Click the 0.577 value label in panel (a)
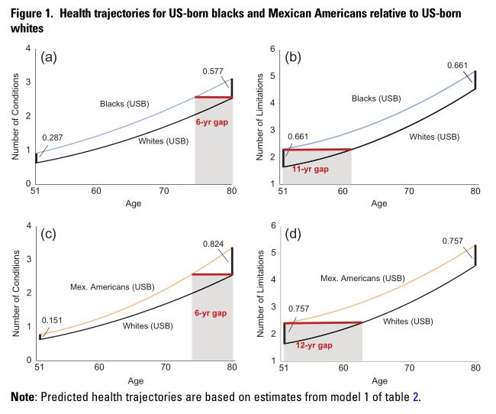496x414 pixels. (x=213, y=71)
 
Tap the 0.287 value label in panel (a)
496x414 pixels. (x=53, y=137)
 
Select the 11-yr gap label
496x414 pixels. (x=311, y=169)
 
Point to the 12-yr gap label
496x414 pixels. (x=314, y=345)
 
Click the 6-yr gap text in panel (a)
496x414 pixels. (x=212, y=122)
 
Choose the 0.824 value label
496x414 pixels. (x=213, y=244)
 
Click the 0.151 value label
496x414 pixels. (x=52, y=320)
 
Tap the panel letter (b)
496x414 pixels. (x=293, y=57)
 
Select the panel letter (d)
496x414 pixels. (x=293, y=234)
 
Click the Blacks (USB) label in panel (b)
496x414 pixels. (x=376, y=99)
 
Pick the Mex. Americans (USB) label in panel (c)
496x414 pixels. (x=112, y=287)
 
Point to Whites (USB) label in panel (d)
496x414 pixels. (x=408, y=322)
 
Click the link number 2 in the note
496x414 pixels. (x=415, y=396)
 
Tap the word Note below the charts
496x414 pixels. (x=23, y=396)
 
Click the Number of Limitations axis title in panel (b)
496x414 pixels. (x=259, y=117)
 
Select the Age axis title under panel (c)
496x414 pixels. (x=136, y=380)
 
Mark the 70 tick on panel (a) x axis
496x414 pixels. (x=164, y=191)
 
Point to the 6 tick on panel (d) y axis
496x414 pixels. (x=273, y=225)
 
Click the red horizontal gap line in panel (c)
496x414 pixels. (x=212, y=274)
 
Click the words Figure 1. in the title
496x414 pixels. (x=31, y=14)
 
